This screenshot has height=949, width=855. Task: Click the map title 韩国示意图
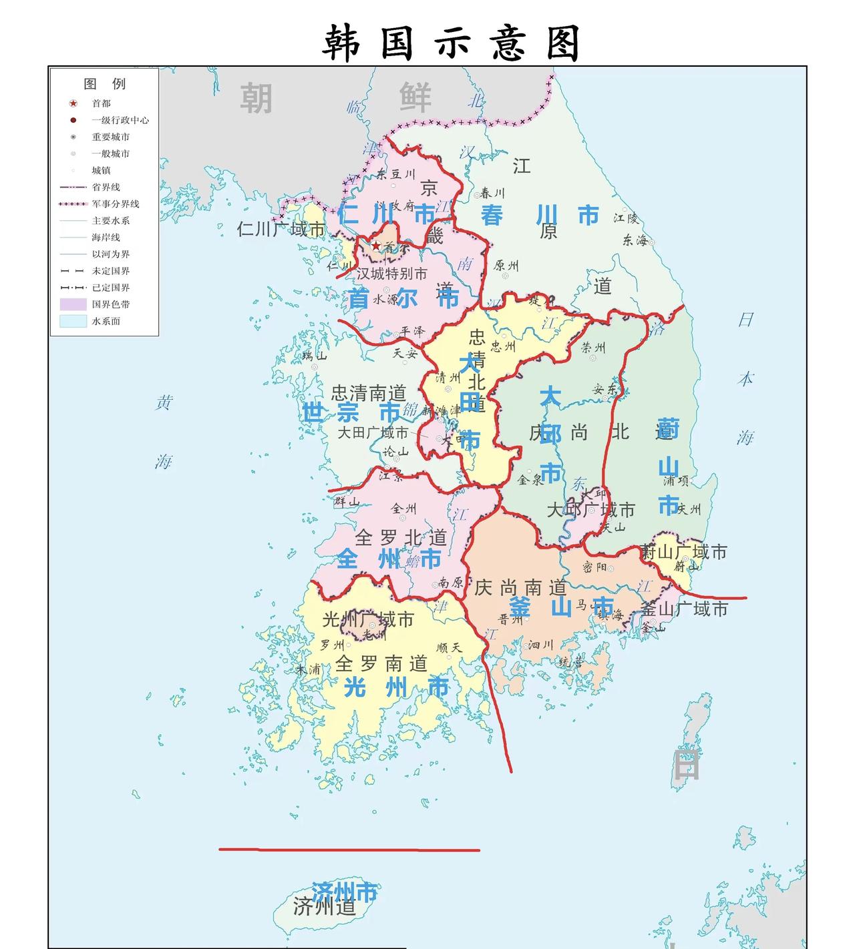[x=451, y=43]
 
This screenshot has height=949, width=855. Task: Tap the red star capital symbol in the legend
[x=73, y=103]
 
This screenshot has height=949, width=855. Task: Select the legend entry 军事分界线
[x=115, y=204]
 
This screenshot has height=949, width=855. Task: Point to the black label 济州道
[x=324, y=907]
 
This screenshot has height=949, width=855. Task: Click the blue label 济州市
[x=344, y=891]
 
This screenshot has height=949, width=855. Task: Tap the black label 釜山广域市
[x=684, y=609]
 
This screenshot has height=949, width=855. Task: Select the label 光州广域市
[x=368, y=619]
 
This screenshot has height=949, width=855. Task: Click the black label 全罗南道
[x=381, y=663]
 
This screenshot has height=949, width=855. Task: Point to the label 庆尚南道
[x=520, y=587]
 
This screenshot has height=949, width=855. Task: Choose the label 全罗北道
[x=401, y=537]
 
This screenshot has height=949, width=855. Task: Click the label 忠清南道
[x=368, y=392]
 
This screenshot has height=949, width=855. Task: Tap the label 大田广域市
[x=372, y=432]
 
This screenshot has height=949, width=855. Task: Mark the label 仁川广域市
[x=281, y=230]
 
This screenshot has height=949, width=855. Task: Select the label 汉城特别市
[x=391, y=274]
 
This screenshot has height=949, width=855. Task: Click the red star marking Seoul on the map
[x=376, y=246]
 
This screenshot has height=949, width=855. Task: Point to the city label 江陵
[x=627, y=218]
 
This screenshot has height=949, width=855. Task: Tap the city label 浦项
[x=675, y=481]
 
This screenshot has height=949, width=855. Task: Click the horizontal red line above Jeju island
[x=349, y=850]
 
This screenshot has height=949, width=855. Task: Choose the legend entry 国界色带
[x=110, y=304]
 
